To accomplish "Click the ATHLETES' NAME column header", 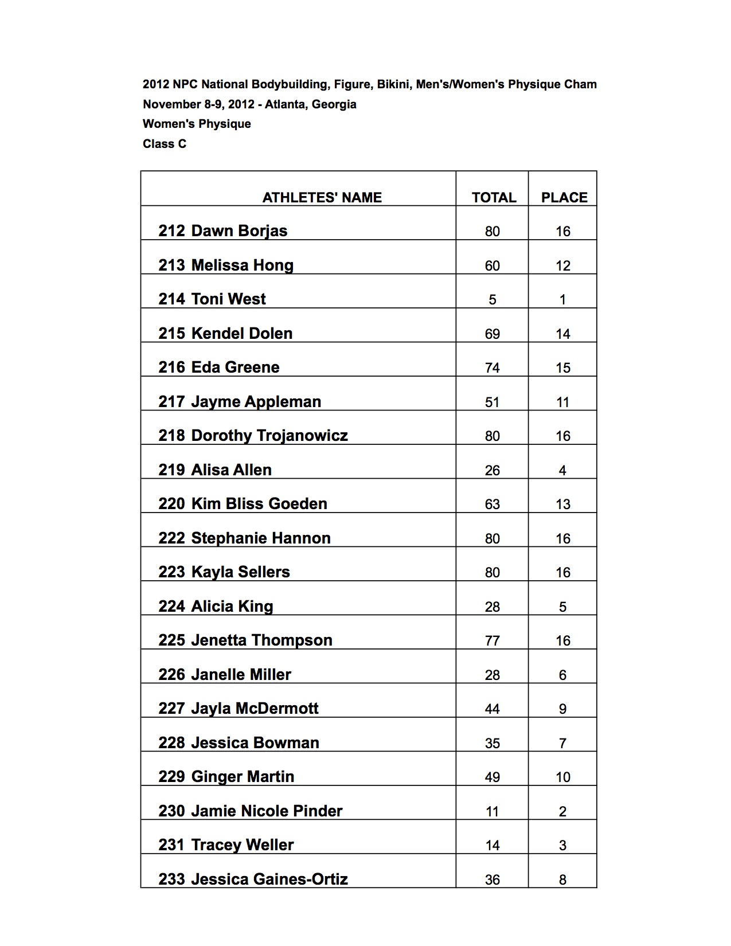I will [x=322, y=198].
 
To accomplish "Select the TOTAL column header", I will [x=494, y=198].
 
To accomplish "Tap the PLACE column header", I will [x=564, y=198].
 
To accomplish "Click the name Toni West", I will [x=228, y=299].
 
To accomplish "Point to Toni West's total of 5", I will [x=492, y=300].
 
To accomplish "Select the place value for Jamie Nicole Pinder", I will [x=562, y=811].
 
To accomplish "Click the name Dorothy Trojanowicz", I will [x=269, y=436].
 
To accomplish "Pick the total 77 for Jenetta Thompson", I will [x=492, y=640].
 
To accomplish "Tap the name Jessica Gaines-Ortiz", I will [x=269, y=879].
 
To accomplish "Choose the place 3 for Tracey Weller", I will [x=562, y=845].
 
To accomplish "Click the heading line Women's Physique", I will [x=197, y=124].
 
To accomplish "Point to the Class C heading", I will [x=165, y=144].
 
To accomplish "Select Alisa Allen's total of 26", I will [x=492, y=470].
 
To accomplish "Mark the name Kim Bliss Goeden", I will [x=259, y=504].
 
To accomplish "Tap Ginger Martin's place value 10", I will [x=563, y=777].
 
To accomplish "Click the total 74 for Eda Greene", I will [x=492, y=368].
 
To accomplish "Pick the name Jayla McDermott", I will [x=255, y=709].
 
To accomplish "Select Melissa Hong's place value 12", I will [x=563, y=265].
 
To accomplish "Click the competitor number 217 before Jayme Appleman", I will [x=171, y=402].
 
